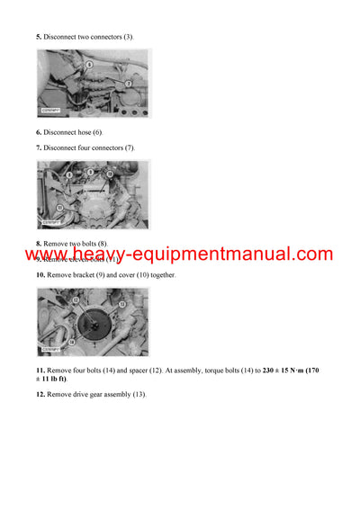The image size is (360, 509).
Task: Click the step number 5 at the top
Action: [39, 37]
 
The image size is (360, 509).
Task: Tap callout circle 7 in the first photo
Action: [128, 83]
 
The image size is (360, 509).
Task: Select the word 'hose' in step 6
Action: [92, 132]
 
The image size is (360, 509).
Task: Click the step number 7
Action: [39, 147]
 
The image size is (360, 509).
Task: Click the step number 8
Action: [39, 244]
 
